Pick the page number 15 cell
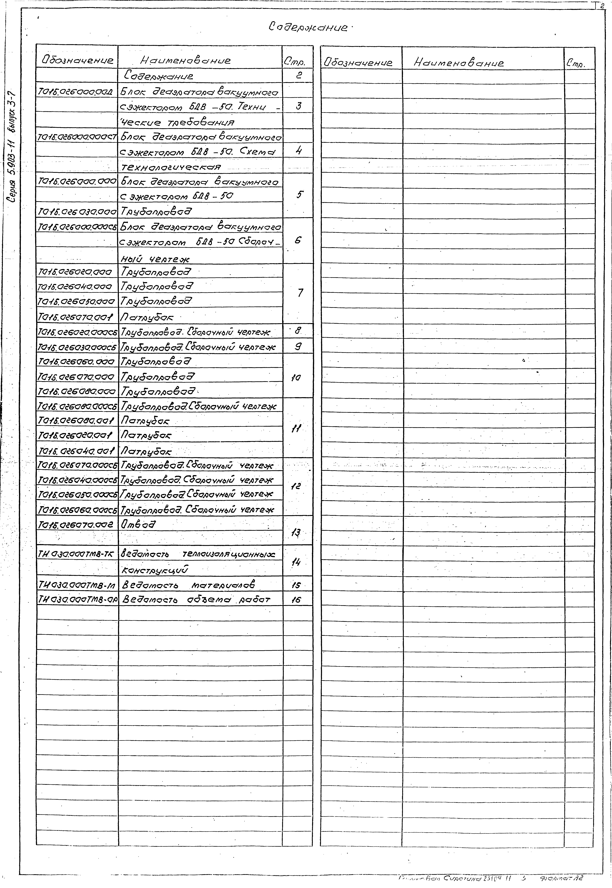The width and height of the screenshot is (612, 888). coord(296,585)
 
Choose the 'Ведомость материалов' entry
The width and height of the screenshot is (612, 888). coord(188,585)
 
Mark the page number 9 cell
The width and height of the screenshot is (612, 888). coord(298,347)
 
